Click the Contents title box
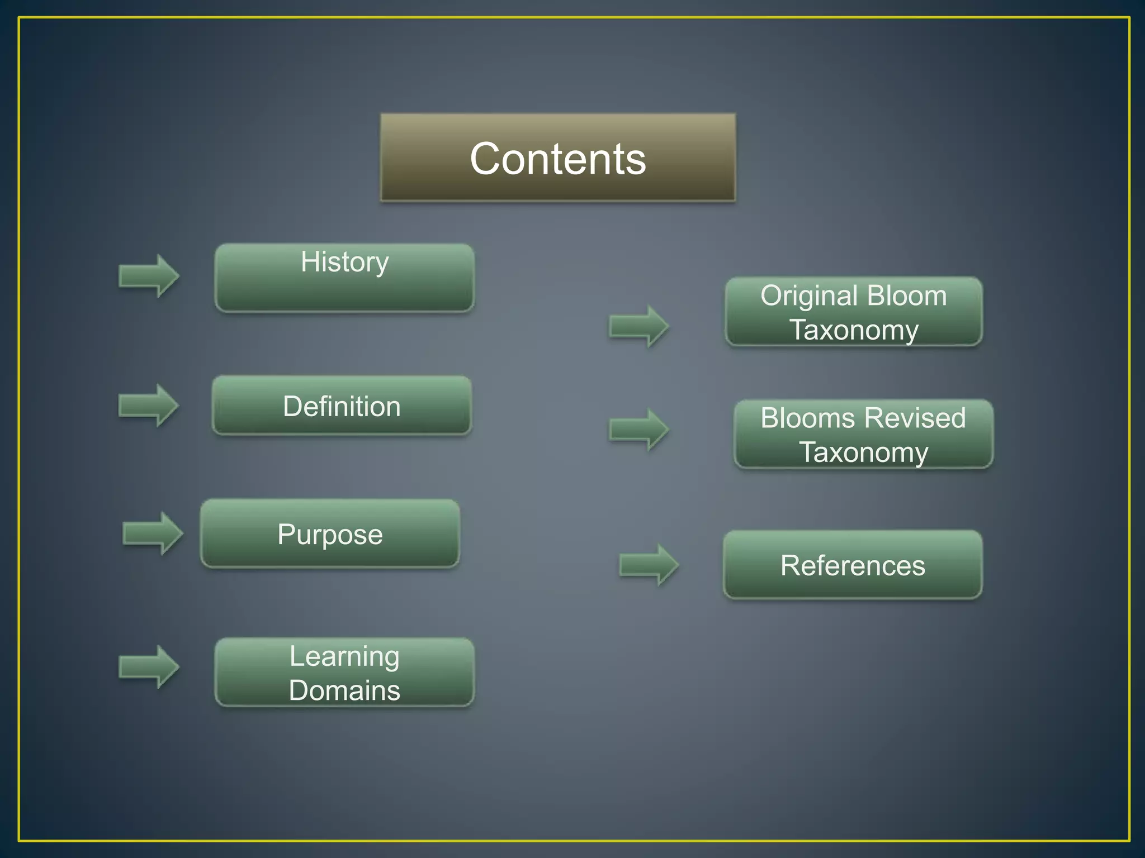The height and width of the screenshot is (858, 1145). (558, 158)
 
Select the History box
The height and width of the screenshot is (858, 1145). (344, 278)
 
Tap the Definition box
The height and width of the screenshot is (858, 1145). (342, 406)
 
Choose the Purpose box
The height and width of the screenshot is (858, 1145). (330, 534)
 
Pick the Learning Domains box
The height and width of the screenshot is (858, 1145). (344, 673)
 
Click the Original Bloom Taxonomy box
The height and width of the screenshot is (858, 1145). (854, 312)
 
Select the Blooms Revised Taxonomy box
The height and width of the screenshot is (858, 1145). (863, 434)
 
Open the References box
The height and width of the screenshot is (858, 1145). (853, 565)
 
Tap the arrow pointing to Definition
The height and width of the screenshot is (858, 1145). (149, 405)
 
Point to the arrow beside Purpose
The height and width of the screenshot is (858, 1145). (153, 533)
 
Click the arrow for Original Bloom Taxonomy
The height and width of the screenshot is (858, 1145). (639, 326)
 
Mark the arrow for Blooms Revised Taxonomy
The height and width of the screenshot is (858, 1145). (639, 429)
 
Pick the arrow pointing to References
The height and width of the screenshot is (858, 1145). (649, 565)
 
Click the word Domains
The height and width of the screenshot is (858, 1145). (344, 690)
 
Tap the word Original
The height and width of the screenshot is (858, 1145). (801, 295)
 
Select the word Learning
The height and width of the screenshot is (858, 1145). (344, 656)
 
